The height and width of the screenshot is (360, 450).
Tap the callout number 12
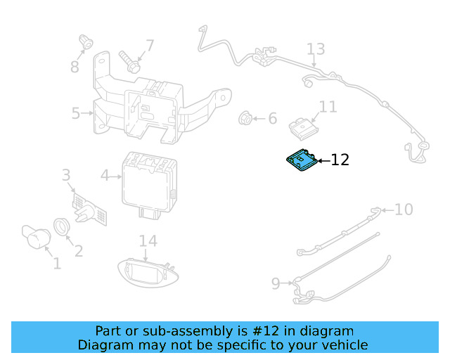pyautogui.click(x=340, y=160)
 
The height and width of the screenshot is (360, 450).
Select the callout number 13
pyautogui.click(x=316, y=49)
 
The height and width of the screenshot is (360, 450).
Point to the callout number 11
pyautogui.click(x=328, y=107)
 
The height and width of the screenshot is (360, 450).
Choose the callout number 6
pyautogui.click(x=272, y=118)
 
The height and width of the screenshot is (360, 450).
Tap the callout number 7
pyautogui.click(x=149, y=46)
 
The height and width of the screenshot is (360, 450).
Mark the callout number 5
pyautogui.click(x=76, y=112)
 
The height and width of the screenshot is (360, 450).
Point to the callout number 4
pyautogui.click(x=105, y=175)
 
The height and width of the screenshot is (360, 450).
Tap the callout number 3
pyautogui.click(x=66, y=175)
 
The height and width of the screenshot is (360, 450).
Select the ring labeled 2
pyautogui.click(x=63, y=227)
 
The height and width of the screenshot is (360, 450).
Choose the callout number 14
pyautogui.click(x=148, y=241)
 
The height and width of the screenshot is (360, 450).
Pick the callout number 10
pyautogui.click(x=404, y=209)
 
